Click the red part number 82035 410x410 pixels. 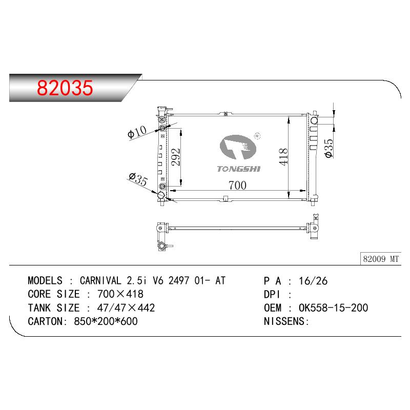[x=65, y=88]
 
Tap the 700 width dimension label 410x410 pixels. [x=237, y=186]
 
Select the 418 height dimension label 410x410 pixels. [x=283, y=157]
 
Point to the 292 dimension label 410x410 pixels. [x=176, y=157]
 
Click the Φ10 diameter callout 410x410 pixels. [x=137, y=132]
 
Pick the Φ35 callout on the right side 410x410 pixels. [x=329, y=148]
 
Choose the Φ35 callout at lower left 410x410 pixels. [x=138, y=179]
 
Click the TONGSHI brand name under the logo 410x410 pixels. [x=239, y=169]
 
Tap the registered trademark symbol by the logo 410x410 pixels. [x=257, y=136]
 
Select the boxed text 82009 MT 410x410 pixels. [x=381, y=259]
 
